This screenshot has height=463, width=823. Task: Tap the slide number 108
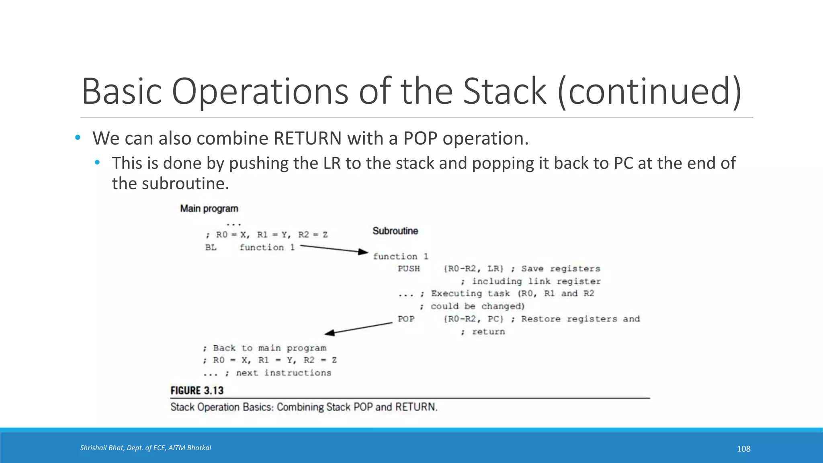click(x=743, y=449)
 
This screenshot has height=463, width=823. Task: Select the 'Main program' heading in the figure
click(x=209, y=209)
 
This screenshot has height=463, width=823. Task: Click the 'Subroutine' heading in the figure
click(x=395, y=231)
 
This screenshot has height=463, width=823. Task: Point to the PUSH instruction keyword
click(x=409, y=268)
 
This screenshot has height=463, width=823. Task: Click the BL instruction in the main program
click(x=211, y=247)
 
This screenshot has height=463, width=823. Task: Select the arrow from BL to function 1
click(x=334, y=249)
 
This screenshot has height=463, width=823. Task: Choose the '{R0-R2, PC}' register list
click(x=473, y=319)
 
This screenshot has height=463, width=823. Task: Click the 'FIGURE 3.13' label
click(x=197, y=390)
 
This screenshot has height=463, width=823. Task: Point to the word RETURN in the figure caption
click(x=416, y=407)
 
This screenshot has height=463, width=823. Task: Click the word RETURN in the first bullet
click(x=307, y=138)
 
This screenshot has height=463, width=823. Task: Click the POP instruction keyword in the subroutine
click(x=406, y=319)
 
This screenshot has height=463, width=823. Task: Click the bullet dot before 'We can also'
click(x=78, y=138)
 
